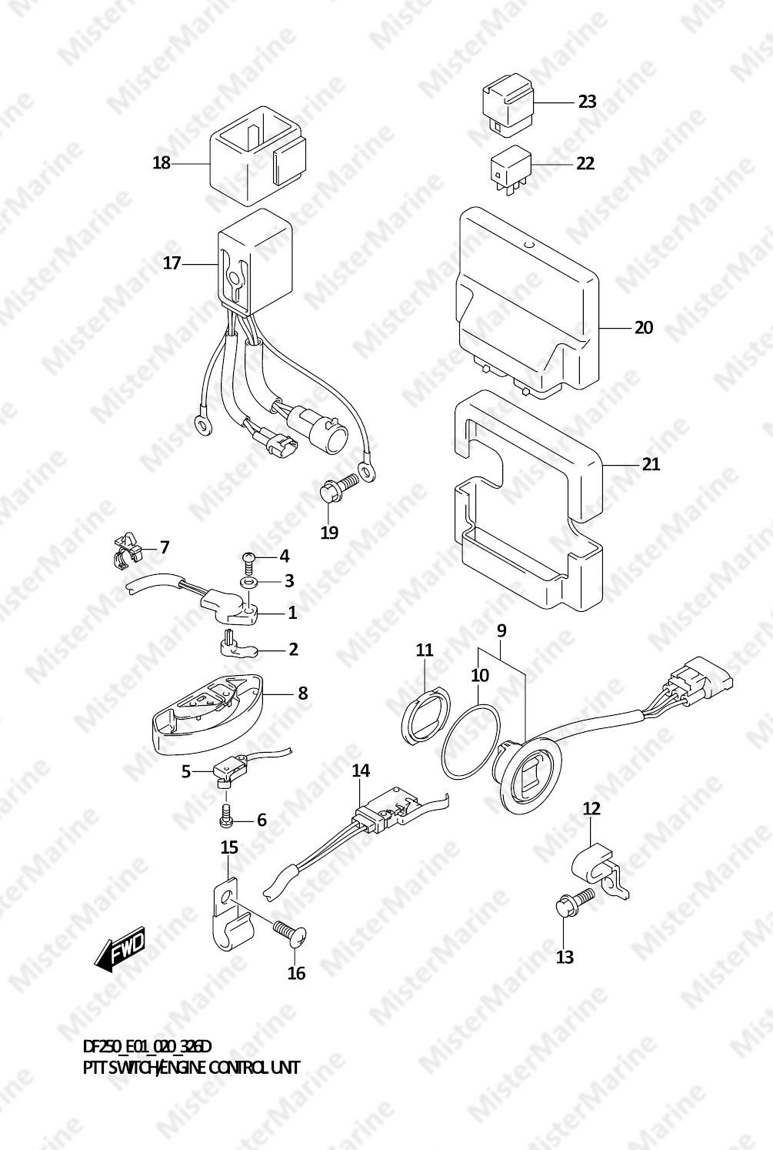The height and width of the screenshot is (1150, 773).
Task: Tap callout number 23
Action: pos(588,102)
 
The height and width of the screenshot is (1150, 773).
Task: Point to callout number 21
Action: pos(651,464)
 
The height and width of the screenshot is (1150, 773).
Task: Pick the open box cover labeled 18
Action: pos(258,155)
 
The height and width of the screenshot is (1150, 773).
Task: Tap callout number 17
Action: pos(172,263)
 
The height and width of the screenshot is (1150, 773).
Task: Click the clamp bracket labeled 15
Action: pos(233,914)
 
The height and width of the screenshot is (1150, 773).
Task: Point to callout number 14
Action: pos(361,771)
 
